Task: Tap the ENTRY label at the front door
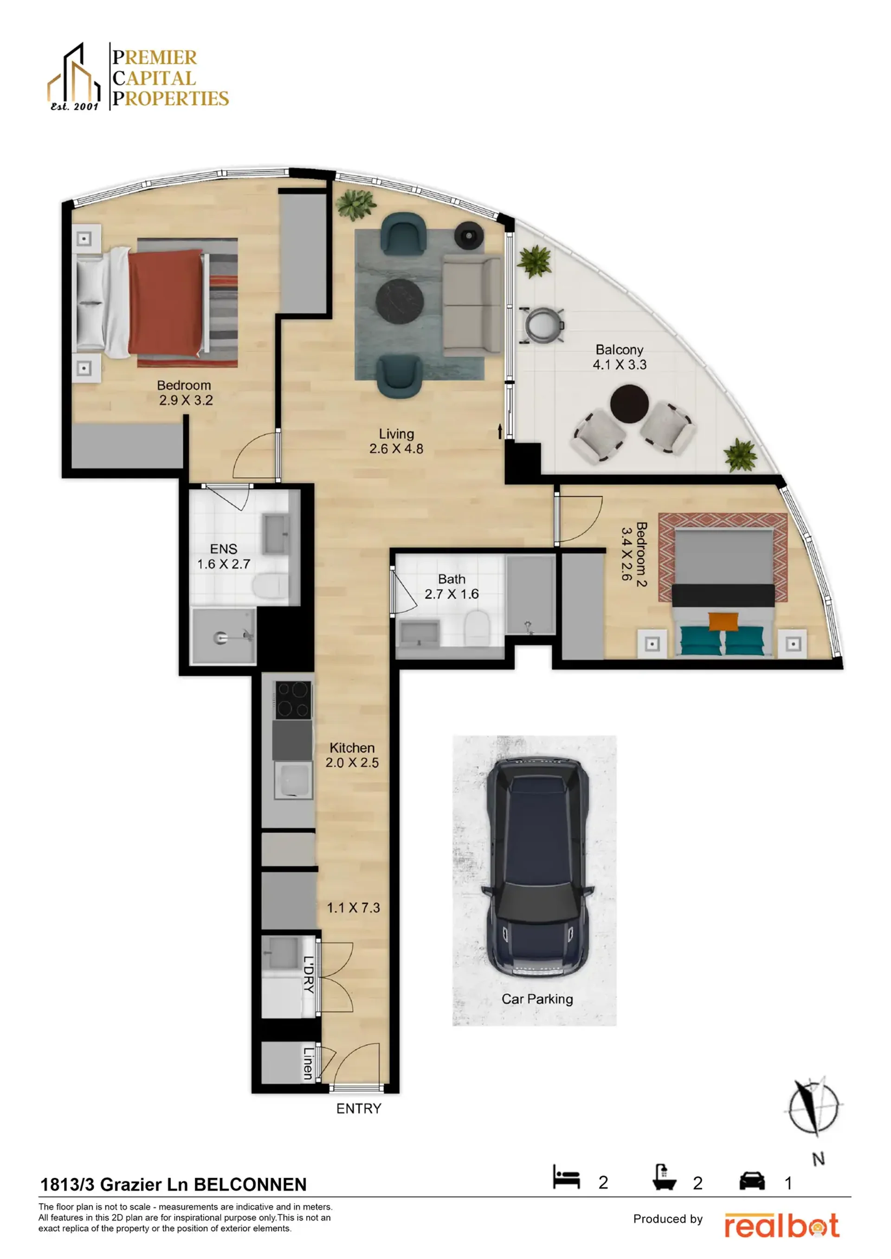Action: (x=358, y=1108)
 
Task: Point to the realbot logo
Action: (x=782, y=1226)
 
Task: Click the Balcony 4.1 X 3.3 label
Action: (x=620, y=357)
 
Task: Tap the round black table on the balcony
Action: (x=629, y=403)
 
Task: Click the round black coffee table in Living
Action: (x=400, y=301)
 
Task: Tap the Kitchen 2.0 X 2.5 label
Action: (x=352, y=755)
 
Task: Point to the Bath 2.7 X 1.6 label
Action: (x=452, y=586)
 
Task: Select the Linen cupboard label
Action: (x=308, y=1063)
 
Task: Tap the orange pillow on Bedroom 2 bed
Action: (x=723, y=622)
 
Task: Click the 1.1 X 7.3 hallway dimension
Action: (x=353, y=908)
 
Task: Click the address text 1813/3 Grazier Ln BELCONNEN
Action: (x=174, y=1184)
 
